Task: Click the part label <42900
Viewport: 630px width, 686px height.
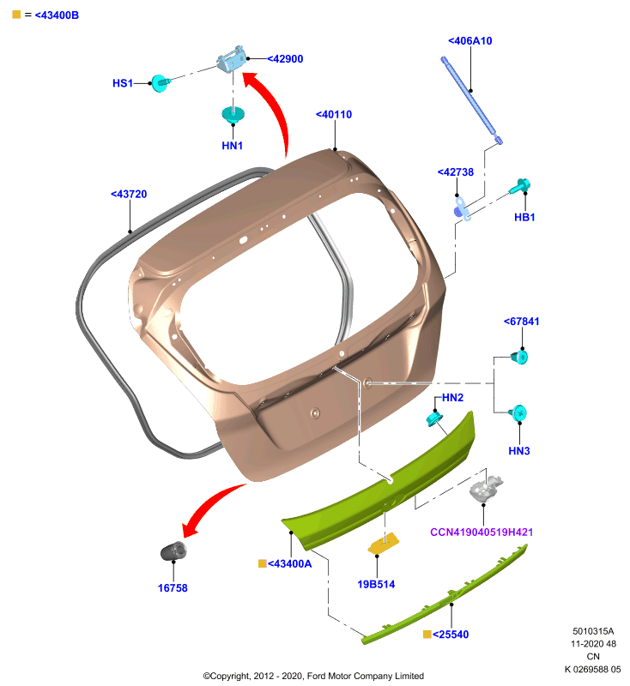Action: pos(285,59)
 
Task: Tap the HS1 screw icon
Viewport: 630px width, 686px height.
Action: pos(161,82)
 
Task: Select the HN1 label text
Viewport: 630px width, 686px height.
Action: pos(232,146)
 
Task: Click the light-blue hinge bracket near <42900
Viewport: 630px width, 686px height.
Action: pos(232,59)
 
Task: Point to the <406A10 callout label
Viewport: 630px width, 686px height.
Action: pos(469,41)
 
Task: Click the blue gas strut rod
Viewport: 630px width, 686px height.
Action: pos(471,99)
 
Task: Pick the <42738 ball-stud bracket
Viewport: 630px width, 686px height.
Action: pos(463,209)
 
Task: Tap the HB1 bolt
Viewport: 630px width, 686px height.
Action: pos(520,186)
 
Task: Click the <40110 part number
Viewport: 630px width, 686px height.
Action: pos(334,115)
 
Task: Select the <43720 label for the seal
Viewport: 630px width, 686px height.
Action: pos(129,195)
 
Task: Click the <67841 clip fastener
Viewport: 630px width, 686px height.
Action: pos(519,357)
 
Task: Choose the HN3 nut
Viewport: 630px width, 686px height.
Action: pos(518,413)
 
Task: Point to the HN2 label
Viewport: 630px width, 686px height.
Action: pos(452,398)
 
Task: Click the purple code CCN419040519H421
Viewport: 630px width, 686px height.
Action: pos(482,533)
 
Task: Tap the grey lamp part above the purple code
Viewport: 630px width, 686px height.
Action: pos(485,488)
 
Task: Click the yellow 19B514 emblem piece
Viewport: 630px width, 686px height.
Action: pos(384,544)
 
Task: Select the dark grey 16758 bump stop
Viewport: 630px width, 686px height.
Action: pos(173,551)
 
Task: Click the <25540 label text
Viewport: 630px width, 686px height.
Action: pos(451,635)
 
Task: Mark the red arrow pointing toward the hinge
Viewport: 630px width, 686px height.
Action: pos(276,110)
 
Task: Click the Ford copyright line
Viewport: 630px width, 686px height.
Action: pos(313,676)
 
